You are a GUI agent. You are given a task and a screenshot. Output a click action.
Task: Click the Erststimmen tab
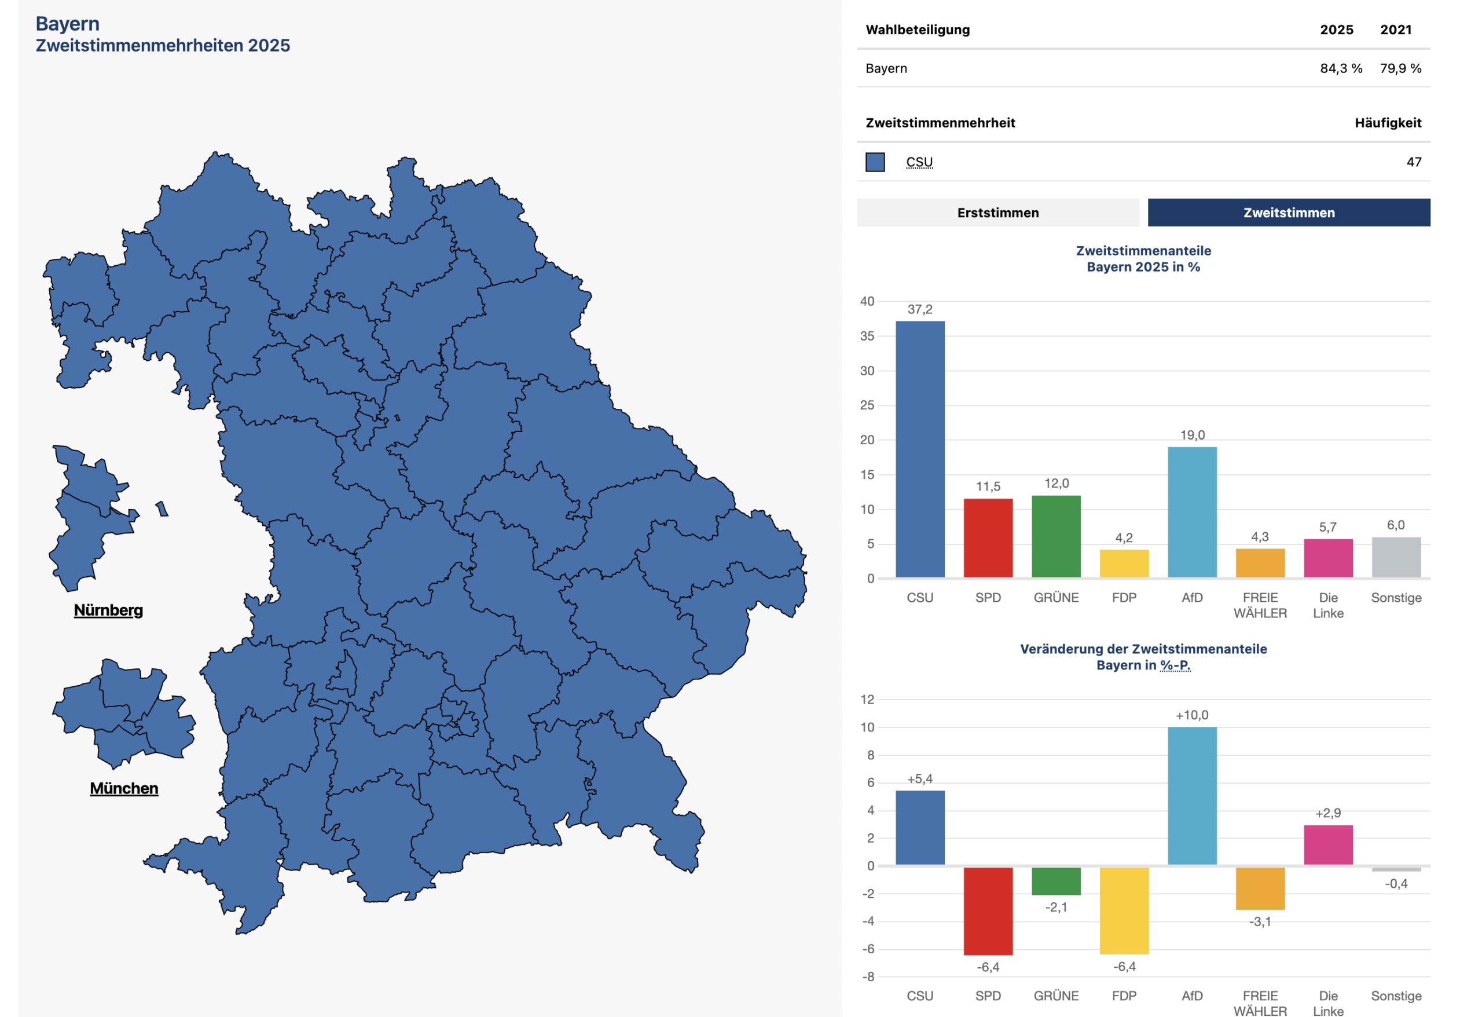click(x=997, y=213)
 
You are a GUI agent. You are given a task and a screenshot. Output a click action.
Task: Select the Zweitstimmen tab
click(x=1288, y=213)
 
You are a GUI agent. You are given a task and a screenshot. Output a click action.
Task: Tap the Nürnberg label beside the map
click(x=108, y=610)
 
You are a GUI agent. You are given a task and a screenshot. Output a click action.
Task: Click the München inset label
click(x=124, y=788)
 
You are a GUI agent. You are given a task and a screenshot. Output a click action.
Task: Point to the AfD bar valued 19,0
click(x=1192, y=512)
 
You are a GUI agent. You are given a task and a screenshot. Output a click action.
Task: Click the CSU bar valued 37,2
click(x=919, y=449)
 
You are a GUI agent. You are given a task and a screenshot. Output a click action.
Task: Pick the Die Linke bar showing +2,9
click(x=1327, y=845)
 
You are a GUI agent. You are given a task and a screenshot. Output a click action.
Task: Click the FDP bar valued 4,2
click(x=1124, y=564)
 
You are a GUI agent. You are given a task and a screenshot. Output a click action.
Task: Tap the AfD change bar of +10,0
click(x=1192, y=796)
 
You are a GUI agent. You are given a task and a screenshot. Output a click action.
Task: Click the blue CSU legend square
click(x=875, y=162)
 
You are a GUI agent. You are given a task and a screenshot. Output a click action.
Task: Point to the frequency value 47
click(x=1413, y=162)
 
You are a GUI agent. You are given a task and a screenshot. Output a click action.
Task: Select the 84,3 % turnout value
click(x=1340, y=68)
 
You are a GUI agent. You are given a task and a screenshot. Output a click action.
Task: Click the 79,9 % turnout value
click(x=1400, y=68)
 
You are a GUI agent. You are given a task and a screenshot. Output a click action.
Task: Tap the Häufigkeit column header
click(x=1388, y=123)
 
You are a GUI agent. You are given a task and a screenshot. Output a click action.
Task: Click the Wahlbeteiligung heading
click(x=917, y=30)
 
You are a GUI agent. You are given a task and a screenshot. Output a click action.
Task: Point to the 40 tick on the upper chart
click(x=867, y=301)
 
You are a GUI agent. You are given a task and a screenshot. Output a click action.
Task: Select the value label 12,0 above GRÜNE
click(x=1056, y=483)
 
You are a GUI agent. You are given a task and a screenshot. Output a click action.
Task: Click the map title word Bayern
click(x=68, y=24)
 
